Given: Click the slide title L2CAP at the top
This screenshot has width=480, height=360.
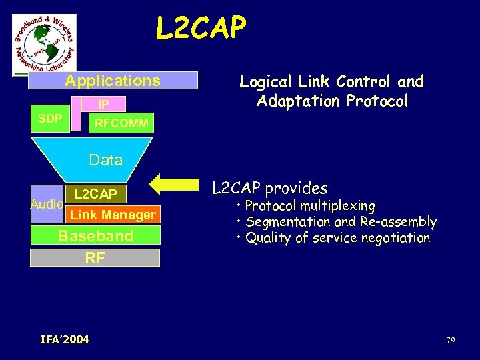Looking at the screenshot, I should (201, 28).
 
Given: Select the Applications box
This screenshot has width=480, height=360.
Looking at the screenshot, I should (113, 81).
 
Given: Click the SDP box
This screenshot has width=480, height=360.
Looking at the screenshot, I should (50, 119).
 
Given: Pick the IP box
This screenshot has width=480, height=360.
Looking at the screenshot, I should (103, 105).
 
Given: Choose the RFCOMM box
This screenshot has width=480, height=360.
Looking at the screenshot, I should (121, 123).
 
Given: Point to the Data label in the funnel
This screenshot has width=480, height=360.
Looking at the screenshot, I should (105, 160).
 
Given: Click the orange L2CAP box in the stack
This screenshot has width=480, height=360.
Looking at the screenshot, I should (95, 194).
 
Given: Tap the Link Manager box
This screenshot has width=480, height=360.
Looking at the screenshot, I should (112, 214).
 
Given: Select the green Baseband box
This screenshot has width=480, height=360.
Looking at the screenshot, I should (95, 236).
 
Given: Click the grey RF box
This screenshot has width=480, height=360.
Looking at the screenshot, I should (95, 257).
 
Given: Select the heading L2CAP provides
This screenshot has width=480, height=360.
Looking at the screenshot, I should (269, 188).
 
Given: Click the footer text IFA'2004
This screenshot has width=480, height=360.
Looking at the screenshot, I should (65, 340).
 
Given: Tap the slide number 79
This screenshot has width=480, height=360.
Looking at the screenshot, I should (450, 341).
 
